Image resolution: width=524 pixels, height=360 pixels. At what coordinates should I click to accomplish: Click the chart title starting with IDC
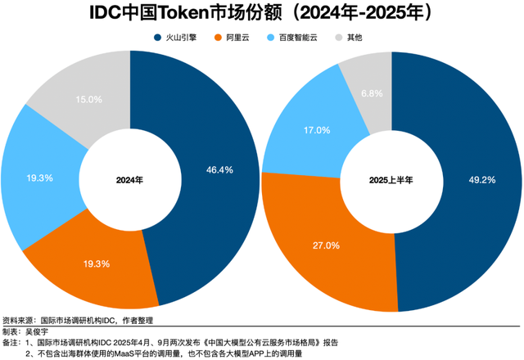pos(262,14)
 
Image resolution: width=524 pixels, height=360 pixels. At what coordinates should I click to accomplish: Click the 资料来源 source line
pos(78,321)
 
